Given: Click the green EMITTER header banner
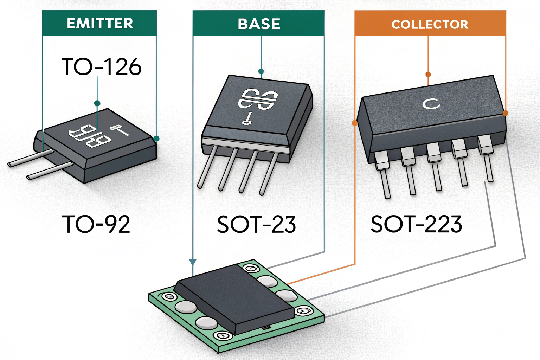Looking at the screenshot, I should pos(99,23).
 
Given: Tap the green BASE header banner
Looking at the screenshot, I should pos(258,24).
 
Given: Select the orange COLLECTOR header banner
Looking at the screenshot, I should pos(430,24).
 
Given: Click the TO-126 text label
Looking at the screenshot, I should pos(101,67).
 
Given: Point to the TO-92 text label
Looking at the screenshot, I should pos(96,224).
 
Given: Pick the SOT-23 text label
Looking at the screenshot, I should pos(256,224).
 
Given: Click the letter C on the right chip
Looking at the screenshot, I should pos(431,104).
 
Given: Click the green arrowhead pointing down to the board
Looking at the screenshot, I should pos(193,262).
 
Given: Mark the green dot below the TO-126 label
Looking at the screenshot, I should pos(97,103).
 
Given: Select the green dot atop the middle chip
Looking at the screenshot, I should pos(261,72).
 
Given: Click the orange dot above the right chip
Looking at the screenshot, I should pos(428,75).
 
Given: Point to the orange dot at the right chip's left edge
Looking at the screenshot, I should pos(354,123).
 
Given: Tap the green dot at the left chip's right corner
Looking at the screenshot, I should pos(156,139).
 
